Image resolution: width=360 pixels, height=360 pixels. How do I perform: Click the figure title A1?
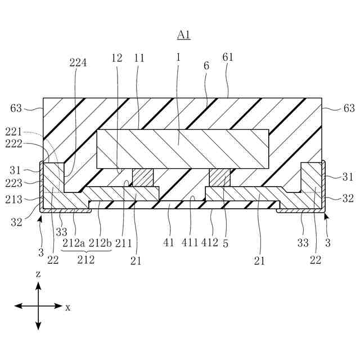(184, 35)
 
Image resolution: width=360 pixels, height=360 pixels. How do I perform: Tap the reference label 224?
(78, 63)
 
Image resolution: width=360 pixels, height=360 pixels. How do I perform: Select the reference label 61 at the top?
(227, 57)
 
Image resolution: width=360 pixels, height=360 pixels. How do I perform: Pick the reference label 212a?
(74, 243)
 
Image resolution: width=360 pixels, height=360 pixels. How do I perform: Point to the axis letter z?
(38, 274)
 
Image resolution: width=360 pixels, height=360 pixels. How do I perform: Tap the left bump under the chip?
(142, 177)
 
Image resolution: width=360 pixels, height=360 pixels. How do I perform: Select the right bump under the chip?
(219, 177)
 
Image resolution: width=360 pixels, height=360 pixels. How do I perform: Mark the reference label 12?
(116, 57)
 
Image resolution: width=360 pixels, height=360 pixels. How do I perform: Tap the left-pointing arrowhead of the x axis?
(17, 306)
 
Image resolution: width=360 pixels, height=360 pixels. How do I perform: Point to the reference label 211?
(123, 243)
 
